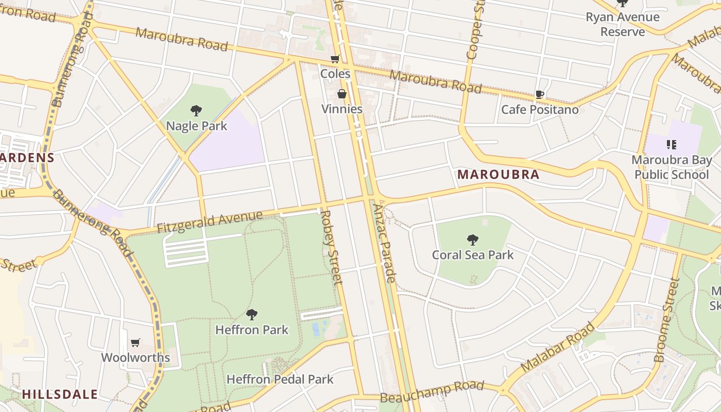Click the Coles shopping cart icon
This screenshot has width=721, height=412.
point(335,59)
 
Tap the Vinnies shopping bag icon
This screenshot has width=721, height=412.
point(341,94)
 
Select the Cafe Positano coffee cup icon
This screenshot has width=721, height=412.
point(539,94)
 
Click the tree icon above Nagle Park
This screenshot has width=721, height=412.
point(196,110)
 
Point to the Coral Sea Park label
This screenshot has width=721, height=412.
point(472,254)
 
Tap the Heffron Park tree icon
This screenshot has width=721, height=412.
point(251,314)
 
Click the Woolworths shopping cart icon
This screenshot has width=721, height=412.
point(135,342)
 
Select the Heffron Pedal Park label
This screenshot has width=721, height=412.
point(280,380)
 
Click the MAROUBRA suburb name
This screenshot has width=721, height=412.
point(498,175)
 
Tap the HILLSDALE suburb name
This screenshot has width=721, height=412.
point(60,394)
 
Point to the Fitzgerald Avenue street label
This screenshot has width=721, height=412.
point(210,222)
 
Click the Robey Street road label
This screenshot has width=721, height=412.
point(332,246)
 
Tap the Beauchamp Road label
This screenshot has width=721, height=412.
point(432,392)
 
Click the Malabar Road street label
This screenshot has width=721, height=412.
point(557,348)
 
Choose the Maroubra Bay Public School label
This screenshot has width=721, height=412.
point(671,167)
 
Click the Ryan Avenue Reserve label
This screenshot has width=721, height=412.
point(622,24)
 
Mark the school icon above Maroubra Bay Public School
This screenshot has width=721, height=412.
point(671,145)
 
